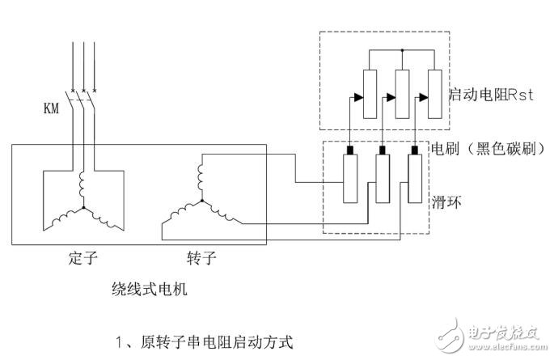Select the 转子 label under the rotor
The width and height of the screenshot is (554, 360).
[x=200, y=260]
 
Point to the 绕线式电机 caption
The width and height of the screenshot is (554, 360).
[x=149, y=289]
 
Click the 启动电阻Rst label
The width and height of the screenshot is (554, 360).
[x=483, y=95]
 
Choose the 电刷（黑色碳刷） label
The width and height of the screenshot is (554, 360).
[x=480, y=150]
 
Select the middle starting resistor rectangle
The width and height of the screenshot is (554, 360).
[x=404, y=95]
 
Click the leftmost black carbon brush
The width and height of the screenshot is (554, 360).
[x=351, y=150]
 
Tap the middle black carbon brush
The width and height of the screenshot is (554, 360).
[x=382, y=150]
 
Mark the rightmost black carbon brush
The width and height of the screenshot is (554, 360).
[x=413, y=150]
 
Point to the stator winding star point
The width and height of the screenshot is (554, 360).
[x=83, y=209]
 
